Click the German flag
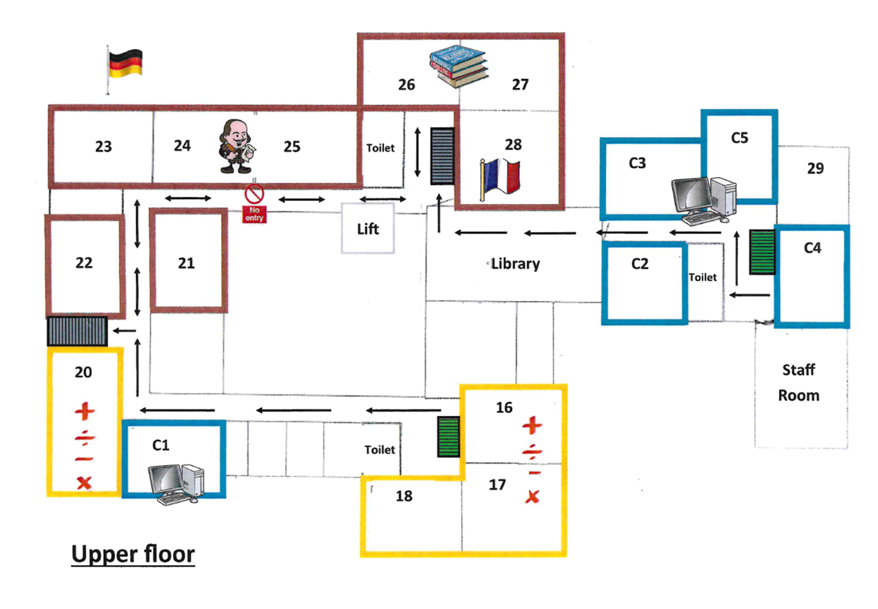[x=125, y=64]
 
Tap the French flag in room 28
[x=500, y=178]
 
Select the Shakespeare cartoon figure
[x=237, y=147]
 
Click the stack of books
[x=459, y=65]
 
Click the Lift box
[x=368, y=229]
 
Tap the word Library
[x=515, y=264]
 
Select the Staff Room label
[x=799, y=383]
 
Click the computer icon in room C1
[x=176, y=484]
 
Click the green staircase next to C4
[x=762, y=252]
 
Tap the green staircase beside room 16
[x=449, y=436]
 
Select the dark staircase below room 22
[x=77, y=331]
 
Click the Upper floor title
[x=133, y=554]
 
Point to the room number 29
[x=815, y=169]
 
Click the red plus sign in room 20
[x=85, y=411]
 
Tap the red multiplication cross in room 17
[x=532, y=497]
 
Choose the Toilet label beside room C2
[x=702, y=278]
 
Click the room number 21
[x=186, y=263]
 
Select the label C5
[x=739, y=138]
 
